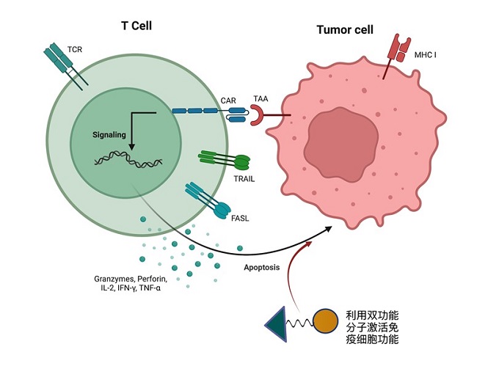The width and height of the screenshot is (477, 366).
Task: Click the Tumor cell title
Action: point(344,30)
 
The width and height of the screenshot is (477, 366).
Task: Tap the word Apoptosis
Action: point(262,268)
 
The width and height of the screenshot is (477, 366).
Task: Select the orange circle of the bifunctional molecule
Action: point(326,321)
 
